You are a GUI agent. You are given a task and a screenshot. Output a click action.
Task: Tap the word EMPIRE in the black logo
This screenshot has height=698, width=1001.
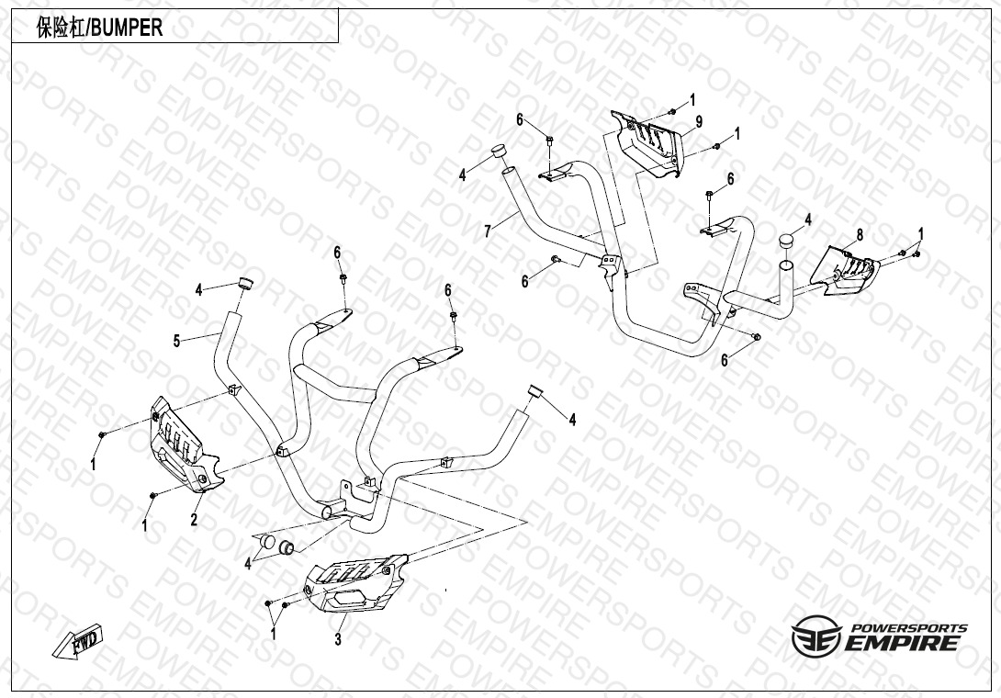(905, 642)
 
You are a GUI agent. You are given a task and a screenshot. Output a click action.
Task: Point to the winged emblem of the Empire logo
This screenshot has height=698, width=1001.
(815, 635)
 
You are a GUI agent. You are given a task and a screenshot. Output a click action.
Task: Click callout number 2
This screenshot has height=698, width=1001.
(194, 521)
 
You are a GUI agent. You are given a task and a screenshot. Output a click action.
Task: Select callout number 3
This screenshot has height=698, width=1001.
(338, 639)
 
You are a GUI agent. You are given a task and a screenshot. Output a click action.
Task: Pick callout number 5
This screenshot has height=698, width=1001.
(176, 342)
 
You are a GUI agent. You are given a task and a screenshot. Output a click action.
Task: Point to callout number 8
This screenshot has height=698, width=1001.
(860, 235)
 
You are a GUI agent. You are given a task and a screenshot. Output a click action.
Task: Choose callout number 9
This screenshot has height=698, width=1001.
(699, 122)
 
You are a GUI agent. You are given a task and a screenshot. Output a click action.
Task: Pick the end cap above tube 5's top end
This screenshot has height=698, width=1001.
(245, 281)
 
